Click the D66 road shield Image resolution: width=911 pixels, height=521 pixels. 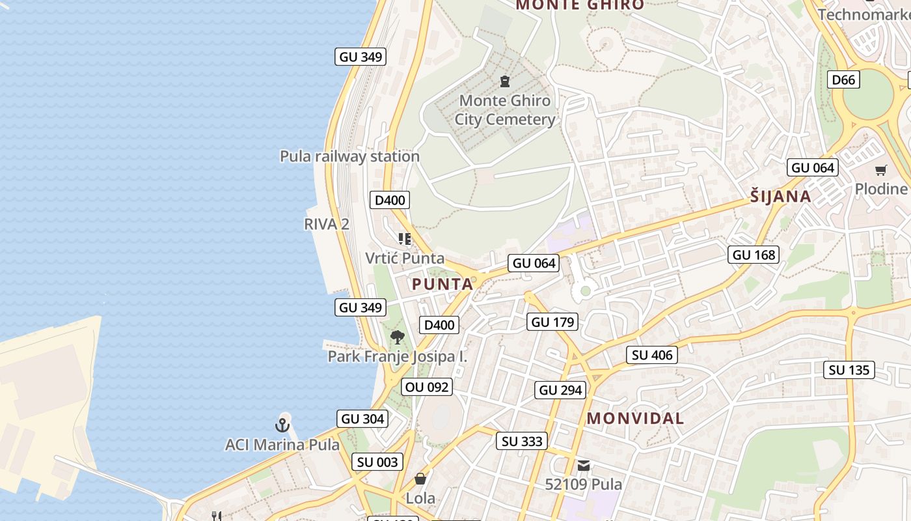click(844, 79)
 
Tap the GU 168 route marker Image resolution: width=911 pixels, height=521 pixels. click(754, 255)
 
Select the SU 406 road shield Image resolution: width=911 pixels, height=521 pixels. click(653, 355)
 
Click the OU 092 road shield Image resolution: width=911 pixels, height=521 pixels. click(427, 387)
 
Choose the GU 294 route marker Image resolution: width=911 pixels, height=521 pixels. click(562, 390)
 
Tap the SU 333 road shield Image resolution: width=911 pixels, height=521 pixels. click(523, 441)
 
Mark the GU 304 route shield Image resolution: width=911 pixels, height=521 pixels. click(363, 419)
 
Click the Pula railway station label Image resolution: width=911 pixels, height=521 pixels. click(349, 156)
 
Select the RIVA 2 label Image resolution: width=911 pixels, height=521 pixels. click(327, 224)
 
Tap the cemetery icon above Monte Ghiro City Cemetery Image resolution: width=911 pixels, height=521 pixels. click(504, 81)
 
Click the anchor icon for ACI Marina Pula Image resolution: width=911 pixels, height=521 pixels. click(282, 426)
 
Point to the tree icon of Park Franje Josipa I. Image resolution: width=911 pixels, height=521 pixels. click(397, 337)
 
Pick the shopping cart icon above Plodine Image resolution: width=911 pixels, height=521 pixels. click(881, 171)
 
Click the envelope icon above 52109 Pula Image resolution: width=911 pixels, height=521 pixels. click(584, 466)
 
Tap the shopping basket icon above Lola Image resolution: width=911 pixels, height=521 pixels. click(420, 479)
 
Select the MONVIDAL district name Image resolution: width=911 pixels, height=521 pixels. click(635, 418)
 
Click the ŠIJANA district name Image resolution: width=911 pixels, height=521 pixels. click(781, 197)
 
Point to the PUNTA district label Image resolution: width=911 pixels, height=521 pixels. click(442, 284)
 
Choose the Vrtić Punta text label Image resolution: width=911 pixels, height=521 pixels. click(405, 258)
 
